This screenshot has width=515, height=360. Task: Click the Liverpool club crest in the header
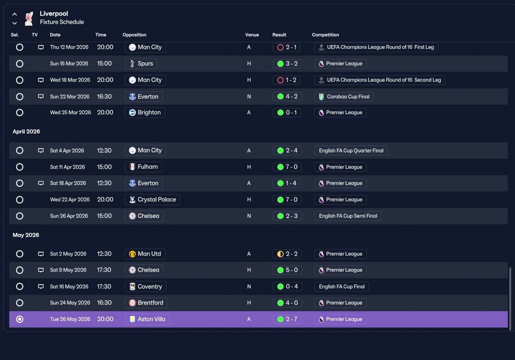29,19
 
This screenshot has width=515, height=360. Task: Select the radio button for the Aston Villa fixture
20,319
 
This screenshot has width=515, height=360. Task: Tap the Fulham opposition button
143,167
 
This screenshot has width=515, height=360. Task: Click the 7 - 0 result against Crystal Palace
287,200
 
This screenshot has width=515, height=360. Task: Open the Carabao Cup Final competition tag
344,97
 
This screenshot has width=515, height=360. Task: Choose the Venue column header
252,35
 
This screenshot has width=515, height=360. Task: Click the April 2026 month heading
26,132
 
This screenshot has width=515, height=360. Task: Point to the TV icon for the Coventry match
41,286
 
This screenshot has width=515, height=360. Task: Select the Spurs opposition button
141,64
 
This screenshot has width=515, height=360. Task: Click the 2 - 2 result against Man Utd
287,254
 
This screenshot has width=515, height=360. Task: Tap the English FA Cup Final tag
342,286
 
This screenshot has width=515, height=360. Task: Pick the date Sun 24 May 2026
70,303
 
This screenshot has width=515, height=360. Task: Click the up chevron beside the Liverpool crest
14,14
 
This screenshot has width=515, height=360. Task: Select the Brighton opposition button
145,112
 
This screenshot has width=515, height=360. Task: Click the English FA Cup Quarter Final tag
351,150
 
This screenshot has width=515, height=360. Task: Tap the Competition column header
325,35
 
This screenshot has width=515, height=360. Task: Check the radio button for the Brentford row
20,303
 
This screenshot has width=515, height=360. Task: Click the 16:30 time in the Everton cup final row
104,97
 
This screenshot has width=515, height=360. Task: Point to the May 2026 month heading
26,235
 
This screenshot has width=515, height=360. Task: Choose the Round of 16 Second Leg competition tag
379,80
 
